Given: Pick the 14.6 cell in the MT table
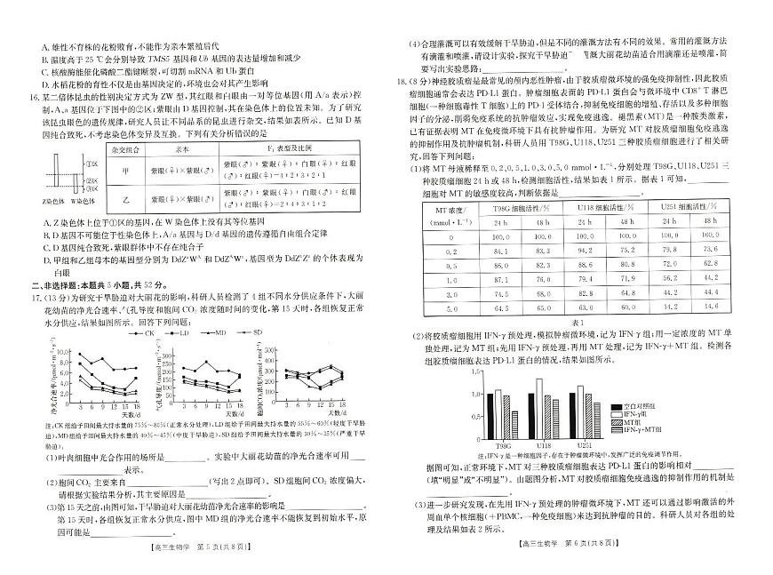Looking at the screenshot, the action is click(710, 307).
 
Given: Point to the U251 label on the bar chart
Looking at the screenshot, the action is click(586, 444).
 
